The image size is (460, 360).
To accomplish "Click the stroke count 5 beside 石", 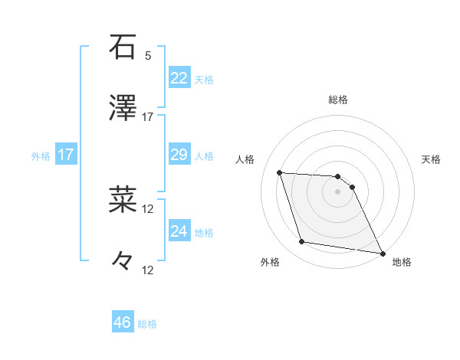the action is point(148,56).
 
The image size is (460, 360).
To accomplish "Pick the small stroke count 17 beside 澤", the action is point(148,117).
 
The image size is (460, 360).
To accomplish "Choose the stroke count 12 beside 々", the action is point(148,270).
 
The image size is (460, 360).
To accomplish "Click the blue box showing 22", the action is point(179,78).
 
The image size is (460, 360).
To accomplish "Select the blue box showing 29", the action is point(179,155).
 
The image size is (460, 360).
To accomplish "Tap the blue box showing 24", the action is point(179,231).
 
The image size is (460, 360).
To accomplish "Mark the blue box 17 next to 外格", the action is point(66,155).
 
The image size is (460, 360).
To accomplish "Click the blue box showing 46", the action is point(123,322).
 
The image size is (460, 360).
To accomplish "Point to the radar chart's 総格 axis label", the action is point(338,100).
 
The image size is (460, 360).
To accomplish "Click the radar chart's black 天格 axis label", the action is point(431,159).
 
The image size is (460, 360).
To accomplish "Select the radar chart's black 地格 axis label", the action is point(402,263).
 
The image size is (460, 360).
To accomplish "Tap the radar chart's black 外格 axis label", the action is point(270,263).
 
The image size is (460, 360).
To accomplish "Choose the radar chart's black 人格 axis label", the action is point(246,159).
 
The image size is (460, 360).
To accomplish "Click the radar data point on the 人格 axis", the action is point(280,172).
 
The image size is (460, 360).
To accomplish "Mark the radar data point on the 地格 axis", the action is point(382,253).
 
